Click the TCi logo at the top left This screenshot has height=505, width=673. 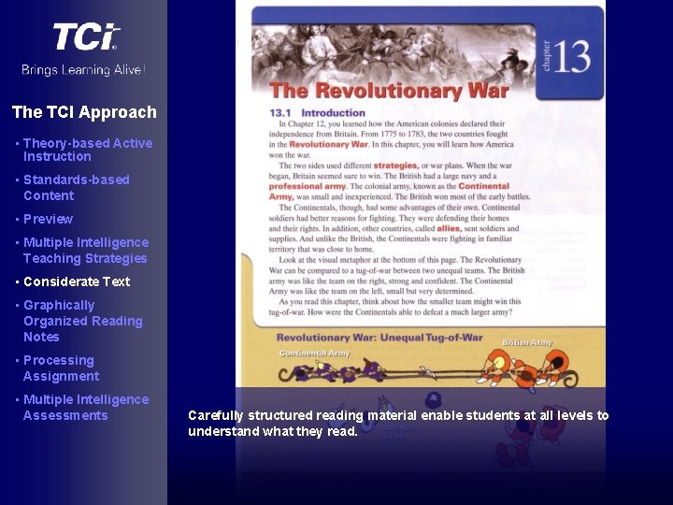(x=85, y=37)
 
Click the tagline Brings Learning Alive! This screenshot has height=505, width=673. (x=84, y=70)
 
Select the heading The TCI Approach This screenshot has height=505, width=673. (x=84, y=112)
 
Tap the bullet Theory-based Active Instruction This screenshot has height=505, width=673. (x=87, y=150)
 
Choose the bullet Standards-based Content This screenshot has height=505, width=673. (x=76, y=187)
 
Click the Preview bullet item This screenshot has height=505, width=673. (x=48, y=219)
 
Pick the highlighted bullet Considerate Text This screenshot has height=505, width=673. (x=77, y=281)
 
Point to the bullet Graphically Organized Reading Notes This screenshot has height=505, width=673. (x=82, y=321)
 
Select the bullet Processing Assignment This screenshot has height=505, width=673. (x=61, y=368)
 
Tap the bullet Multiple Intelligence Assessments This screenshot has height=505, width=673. (x=85, y=407)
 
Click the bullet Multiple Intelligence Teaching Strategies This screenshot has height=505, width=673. (x=85, y=250)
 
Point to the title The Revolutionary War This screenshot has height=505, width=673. (x=389, y=91)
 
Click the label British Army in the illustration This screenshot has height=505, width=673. (x=527, y=343)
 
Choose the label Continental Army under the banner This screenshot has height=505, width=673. (x=314, y=353)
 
